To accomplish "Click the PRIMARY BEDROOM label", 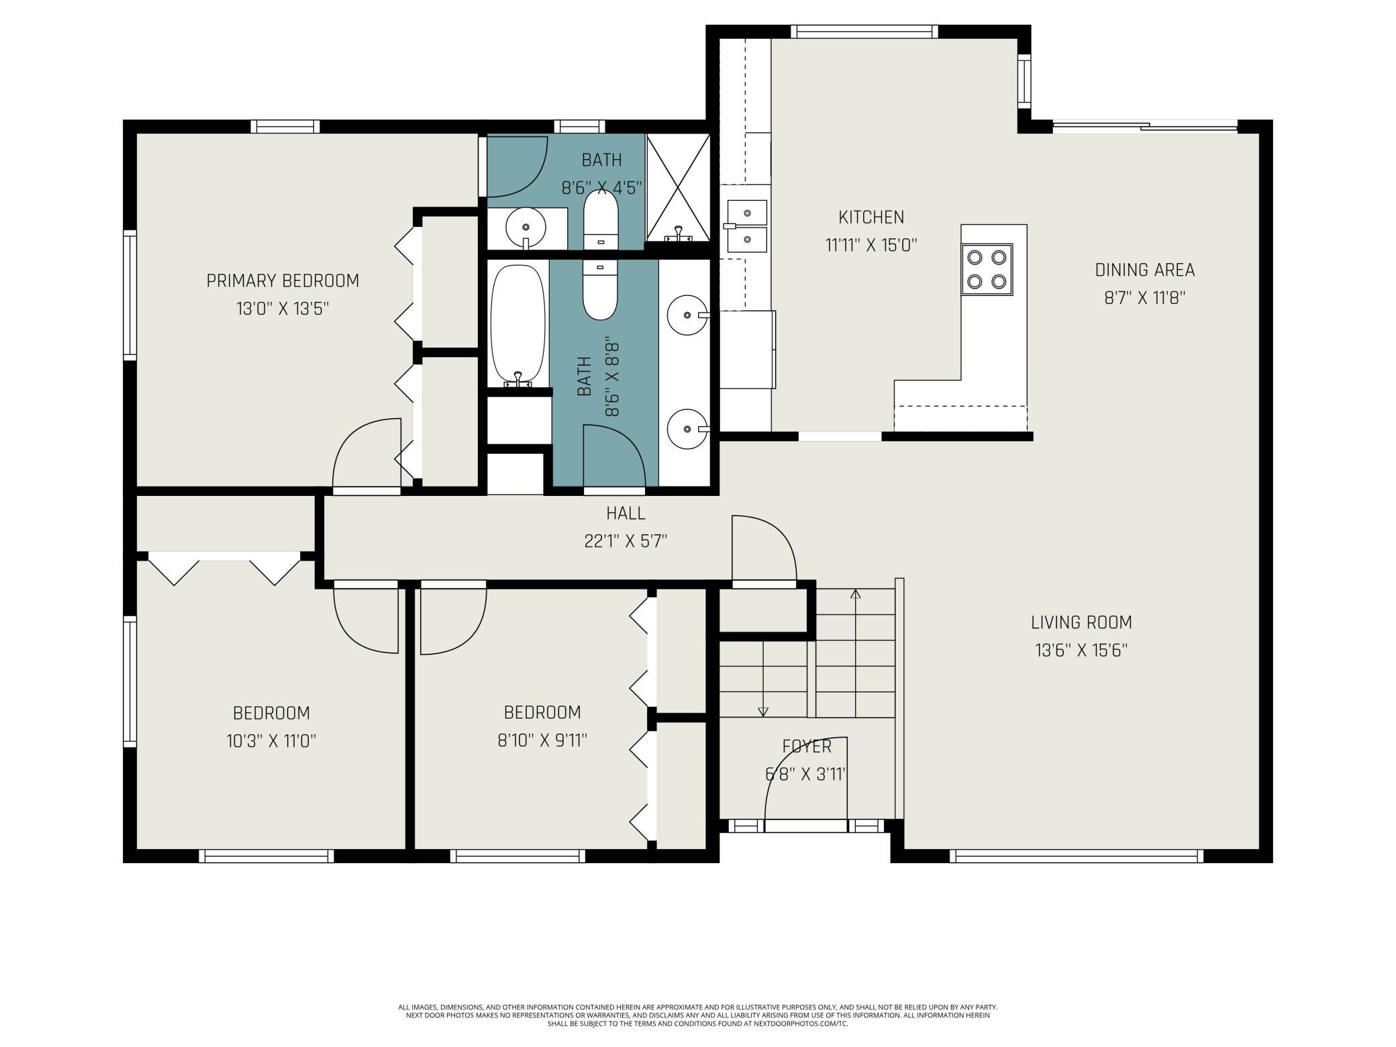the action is [283, 281].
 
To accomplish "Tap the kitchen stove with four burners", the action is [987, 270].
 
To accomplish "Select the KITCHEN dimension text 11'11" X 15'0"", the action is [871, 246].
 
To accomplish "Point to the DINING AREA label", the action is [1145, 270].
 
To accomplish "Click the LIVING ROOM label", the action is [1081, 623].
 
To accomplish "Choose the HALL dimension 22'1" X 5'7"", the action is [626, 541].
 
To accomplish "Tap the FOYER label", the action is [807, 746].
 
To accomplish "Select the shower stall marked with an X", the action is [678, 187].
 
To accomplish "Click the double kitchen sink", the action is [746, 226].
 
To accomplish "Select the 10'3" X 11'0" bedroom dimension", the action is [271, 741].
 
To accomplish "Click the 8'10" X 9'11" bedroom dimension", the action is [542, 740].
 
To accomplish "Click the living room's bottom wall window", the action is [1076, 856].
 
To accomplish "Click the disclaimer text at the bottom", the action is [698, 1015].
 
